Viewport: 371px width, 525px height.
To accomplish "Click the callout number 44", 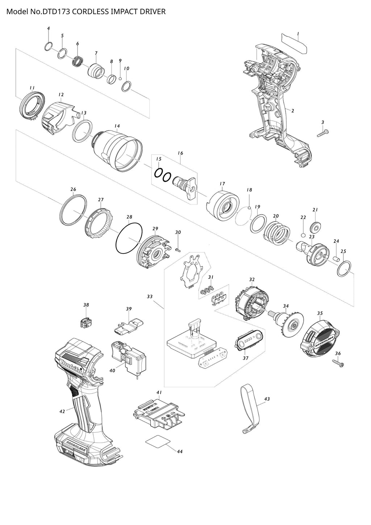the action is (180, 451).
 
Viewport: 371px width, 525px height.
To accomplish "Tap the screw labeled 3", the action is (323, 133).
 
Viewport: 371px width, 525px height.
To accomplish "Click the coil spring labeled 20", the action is (277, 233).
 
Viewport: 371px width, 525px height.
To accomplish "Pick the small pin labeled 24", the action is (336, 259).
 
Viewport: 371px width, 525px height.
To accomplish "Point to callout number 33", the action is (149, 297).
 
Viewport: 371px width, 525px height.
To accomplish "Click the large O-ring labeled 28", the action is (129, 239).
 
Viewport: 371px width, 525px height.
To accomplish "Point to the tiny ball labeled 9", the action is (120, 78).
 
